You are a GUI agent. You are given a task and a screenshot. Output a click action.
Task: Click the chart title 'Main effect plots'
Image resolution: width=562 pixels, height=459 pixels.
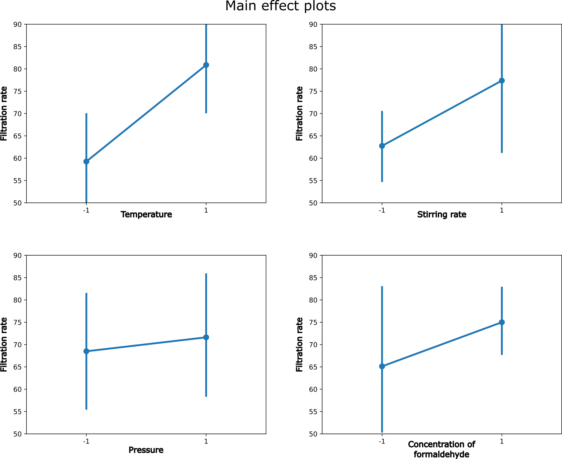tap(280, 6)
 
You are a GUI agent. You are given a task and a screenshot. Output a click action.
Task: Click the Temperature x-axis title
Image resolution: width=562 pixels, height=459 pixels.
tap(146, 214)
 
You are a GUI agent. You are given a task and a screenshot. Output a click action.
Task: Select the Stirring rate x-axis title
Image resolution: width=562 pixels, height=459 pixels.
tap(442, 214)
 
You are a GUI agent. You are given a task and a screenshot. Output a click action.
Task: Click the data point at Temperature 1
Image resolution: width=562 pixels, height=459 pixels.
tap(206, 65)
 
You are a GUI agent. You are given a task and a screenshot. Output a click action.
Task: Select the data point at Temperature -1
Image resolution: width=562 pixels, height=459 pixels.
tap(86, 161)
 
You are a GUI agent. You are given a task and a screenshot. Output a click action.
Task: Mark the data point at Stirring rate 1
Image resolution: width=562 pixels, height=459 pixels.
tap(502, 81)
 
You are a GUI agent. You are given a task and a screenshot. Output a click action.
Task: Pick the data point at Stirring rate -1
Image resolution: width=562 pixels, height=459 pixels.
tap(382, 146)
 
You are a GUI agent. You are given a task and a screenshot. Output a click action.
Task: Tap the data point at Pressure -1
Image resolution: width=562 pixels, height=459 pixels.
tap(86, 351)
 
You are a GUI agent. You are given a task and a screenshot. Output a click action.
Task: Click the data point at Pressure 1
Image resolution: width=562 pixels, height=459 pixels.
tap(206, 337)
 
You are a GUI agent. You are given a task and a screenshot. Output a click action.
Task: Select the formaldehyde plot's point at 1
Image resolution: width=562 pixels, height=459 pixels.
tap(502, 322)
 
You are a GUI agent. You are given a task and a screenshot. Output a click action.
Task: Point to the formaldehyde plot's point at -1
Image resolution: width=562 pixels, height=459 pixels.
tap(382, 366)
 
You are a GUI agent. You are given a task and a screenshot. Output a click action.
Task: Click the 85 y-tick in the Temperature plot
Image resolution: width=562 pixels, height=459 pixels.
tap(18, 47)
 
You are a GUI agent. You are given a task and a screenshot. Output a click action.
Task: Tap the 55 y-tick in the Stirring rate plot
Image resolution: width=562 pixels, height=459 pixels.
tap(313, 181)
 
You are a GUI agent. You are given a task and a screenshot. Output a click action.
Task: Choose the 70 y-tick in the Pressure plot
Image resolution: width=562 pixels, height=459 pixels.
tap(18, 345)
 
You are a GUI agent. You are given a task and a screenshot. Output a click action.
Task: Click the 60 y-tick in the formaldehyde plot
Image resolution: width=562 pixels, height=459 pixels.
tap(313, 390)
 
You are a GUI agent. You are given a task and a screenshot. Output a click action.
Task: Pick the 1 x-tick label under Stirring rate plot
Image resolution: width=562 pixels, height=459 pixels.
tap(502, 210)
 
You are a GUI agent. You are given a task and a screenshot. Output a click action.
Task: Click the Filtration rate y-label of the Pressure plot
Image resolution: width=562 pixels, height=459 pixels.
tap(4, 345)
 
